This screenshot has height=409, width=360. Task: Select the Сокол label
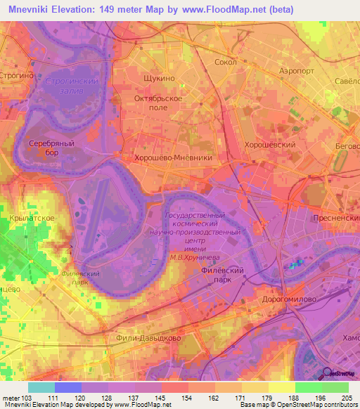(224, 62)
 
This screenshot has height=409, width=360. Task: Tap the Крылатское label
(28, 219)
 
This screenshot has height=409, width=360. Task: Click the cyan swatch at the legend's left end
(41, 387)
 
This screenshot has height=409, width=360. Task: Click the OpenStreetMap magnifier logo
(327, 374)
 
